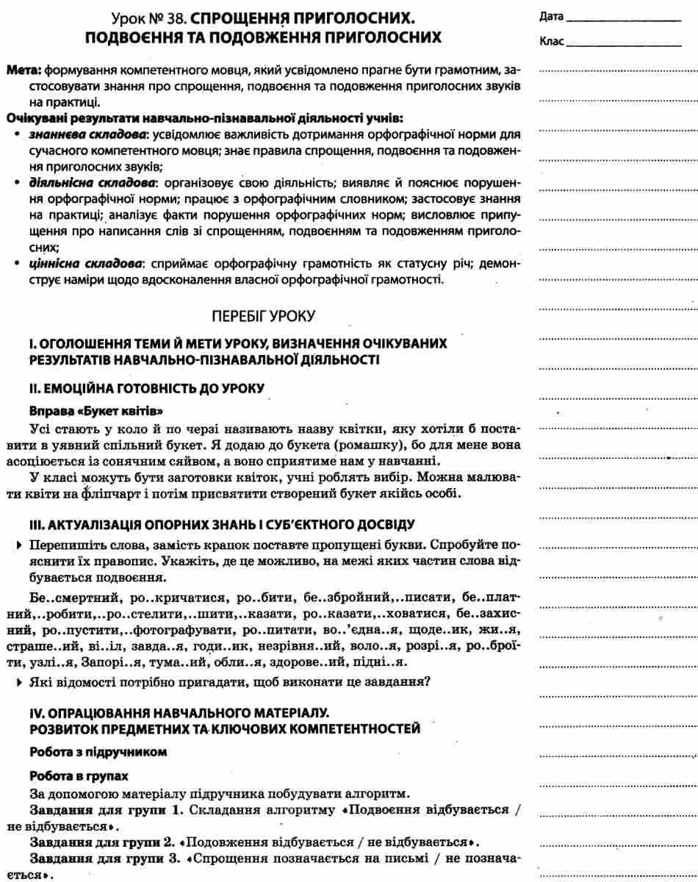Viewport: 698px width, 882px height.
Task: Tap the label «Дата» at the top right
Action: [551, 16]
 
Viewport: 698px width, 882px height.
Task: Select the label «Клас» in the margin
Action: [551, 41]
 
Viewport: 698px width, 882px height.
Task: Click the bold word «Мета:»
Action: [24, 72]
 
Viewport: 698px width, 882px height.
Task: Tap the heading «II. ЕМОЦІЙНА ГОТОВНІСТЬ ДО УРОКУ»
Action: [145, 387]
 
